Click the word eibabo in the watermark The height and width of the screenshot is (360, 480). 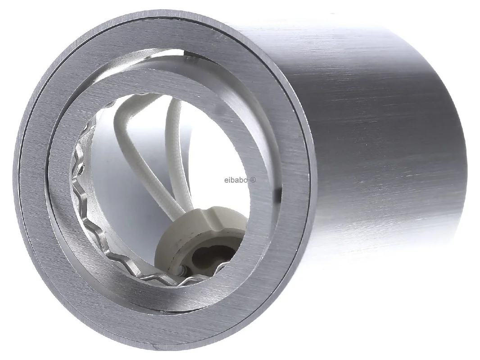(x=236, y=180)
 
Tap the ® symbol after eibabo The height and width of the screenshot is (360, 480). (x=253, y=180)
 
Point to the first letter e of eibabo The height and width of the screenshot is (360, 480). (x=226, y=180)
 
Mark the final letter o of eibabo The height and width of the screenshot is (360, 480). (x=246, y=180)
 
